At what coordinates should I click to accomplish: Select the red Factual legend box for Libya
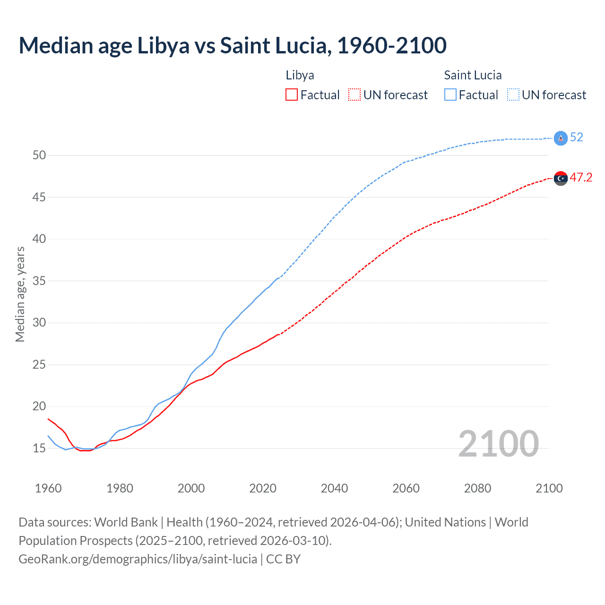(x=292, y=95)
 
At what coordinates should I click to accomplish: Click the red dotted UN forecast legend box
(x=354, y=95)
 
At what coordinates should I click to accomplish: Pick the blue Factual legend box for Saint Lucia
(x=450, y=95)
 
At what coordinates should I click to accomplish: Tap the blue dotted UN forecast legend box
(x=513, y=95)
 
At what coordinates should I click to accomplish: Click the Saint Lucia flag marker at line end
(x=561, y=138)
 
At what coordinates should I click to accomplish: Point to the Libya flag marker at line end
(x=561, y=178)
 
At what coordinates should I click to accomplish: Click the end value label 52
(x=577, y=138)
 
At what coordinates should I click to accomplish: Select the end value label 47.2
(x=581, y=178)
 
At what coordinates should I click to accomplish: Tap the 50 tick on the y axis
(x=39, y=156)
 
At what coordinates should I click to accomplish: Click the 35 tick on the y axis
(x=39, y=281)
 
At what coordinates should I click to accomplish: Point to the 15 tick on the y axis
(x=39, y=448)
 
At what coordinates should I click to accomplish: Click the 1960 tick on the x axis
(x=48, y=488)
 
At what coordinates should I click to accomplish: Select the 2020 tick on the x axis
(x=263, y=488)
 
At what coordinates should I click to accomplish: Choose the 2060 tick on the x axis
(x=406, y=488)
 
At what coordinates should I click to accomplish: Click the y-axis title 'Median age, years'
(x=20, y=294)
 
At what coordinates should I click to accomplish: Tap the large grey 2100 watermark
(x=498, y=444)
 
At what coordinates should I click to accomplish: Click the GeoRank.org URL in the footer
(x=138, y=559)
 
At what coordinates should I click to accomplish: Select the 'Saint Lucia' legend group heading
(x=473, y=75)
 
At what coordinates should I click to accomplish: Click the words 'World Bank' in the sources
(x=126, y=522)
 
